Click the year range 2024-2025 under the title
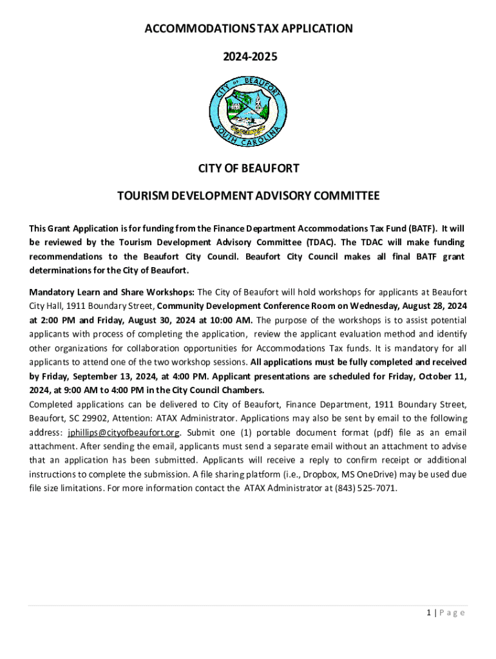[248, 57]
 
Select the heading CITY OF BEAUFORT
[248, 169]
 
